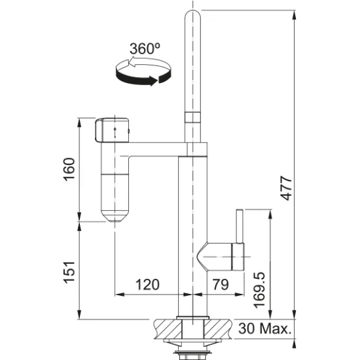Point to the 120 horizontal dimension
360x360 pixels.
[147, 285]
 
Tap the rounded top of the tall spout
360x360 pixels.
[192, 18]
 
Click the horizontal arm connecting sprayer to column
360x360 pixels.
[157, 149]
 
